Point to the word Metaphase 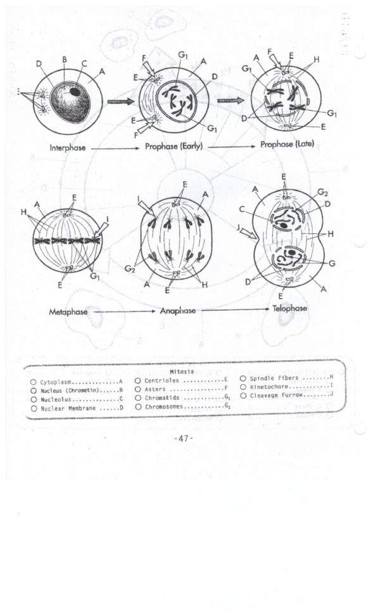pos(68,311)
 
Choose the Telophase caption pos(289,308)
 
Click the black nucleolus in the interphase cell pos(75,92)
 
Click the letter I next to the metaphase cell pos(108,220)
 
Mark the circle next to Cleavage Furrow pos(243,395)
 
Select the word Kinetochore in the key pos(270,386)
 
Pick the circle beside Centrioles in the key pos(137,380)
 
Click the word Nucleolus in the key pos(56,400)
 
